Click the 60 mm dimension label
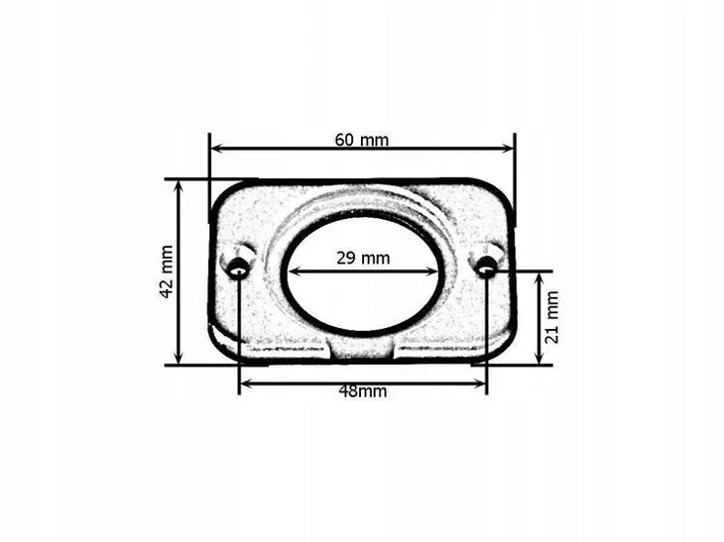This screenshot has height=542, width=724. [x=362, y=140]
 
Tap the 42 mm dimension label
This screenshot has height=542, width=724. [x=167, y=272]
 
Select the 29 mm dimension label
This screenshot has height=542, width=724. [x=363, y=258]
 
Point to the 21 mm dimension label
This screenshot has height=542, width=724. [x=552, y=317]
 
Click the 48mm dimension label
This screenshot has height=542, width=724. [x=363, y=391]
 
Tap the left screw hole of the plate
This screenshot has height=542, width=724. [x=239, y=268]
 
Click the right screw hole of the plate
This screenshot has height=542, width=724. [x=486, y=267]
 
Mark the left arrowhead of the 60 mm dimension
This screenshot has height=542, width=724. [x=217, y=148]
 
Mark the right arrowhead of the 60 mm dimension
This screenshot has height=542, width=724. [x=507, y=148]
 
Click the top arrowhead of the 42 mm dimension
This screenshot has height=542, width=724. [x=180, y=187]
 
